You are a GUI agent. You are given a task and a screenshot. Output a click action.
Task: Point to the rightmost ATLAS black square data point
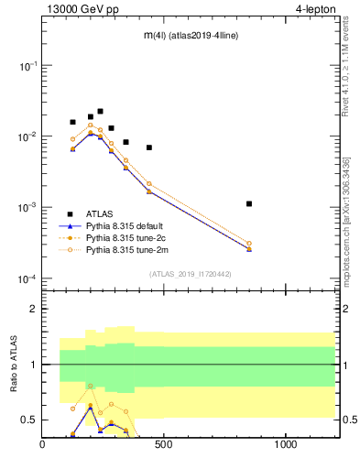coord(249,203)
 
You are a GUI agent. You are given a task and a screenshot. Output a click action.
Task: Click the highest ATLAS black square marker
coord(100,111)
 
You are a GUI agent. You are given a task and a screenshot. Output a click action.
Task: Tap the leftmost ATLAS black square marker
coord(72,122)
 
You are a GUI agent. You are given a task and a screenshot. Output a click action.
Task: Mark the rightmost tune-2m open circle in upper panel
coord(249,243)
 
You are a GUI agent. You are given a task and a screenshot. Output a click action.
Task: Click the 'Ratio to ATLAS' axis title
coord(14,365)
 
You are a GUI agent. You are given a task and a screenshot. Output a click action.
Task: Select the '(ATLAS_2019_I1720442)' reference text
coord(189,273)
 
